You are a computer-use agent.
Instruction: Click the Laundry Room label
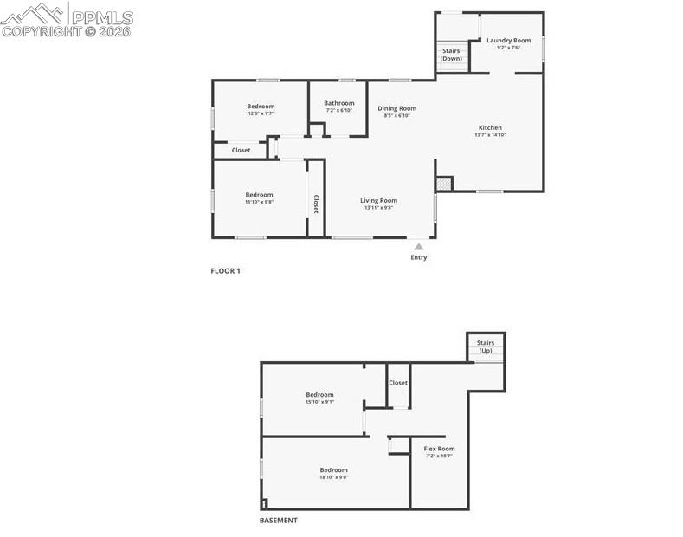coord(508,41)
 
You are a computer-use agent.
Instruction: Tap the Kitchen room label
coord(489,127)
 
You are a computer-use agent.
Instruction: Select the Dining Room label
coord(396,108)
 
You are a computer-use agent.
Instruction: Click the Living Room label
coord(378,201)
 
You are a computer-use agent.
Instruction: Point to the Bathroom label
coord(339,103)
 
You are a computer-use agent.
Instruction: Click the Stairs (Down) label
coord(451,55)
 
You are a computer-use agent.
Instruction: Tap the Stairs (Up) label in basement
coord(485,346)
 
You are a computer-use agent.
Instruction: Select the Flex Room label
coord(438,449)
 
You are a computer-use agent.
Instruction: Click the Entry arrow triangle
coord(418,246)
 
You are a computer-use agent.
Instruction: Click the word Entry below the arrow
coord(418,257)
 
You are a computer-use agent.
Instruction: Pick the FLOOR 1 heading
coord(225,270)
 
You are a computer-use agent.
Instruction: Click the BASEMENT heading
coord(279,521)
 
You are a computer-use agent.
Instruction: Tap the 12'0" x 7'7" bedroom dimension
coord(260,113)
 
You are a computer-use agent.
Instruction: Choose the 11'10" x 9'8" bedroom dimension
coord(259,202)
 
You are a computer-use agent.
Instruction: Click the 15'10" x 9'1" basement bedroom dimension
coord(319,402)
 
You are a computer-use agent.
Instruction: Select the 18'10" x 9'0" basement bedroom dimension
coord(333,477)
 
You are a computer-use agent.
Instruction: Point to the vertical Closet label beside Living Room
coord(316,204)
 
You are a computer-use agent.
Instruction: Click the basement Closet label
coord(398,382)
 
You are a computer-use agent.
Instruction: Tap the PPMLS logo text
coord(101,16)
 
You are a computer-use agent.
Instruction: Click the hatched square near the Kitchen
coord(443,184)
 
